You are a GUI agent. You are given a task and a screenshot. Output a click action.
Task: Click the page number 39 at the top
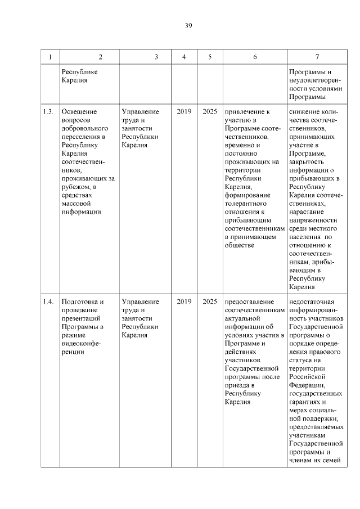tap(188, 26)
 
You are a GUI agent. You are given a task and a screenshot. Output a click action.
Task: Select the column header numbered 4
tap(184, 57)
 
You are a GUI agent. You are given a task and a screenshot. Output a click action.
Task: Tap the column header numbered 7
tap(317, 57)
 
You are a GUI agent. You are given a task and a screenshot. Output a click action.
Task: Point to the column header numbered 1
tap(50, 57)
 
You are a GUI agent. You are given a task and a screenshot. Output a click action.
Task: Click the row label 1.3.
tap(48, 111)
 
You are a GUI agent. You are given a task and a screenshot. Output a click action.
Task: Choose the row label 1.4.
tap(48, 301)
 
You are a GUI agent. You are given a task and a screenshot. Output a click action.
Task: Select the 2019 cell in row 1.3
tap(184, 111)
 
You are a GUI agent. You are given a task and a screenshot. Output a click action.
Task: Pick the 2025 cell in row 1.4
tap(210, 301)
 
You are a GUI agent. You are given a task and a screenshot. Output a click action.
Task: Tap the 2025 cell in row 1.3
tap(210, 111)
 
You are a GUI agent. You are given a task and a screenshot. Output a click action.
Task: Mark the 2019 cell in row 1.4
tap(184, 301)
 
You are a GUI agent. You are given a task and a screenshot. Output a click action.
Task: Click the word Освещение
tap(79, 111)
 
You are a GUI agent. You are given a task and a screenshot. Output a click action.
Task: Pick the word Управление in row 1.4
tap(140, 301)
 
